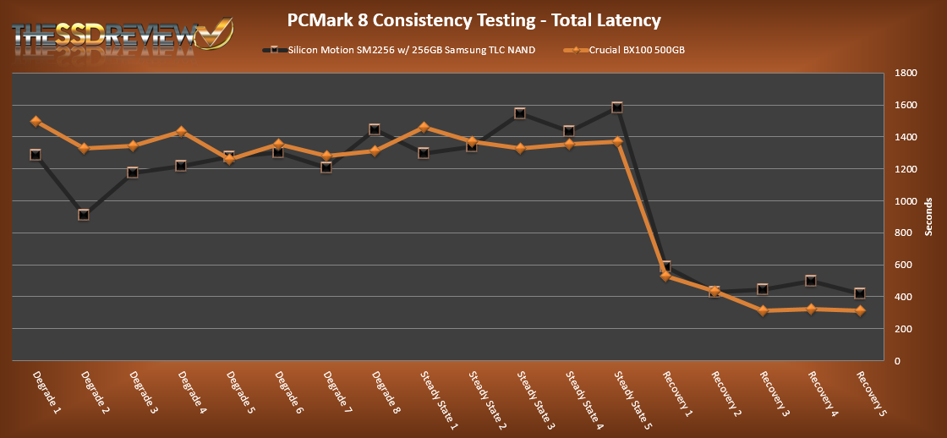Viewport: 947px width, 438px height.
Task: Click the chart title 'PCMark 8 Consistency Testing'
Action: tap(473, 19)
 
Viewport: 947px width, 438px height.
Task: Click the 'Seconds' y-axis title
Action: tap(928, 217)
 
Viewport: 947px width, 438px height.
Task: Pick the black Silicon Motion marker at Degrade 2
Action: tap(84, 215)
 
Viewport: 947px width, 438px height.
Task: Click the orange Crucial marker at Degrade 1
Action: tap(36, 121)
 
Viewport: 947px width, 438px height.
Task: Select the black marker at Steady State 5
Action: tap(617, 107)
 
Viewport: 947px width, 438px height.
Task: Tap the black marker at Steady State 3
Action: tap(520, 113)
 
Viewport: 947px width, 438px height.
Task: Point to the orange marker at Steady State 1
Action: tap(424, 128)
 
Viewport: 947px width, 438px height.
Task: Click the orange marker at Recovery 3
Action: tap(763, 311)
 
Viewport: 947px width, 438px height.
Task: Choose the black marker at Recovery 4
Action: tap(811, 281)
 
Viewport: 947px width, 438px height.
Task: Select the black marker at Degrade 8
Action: tap(375, 129)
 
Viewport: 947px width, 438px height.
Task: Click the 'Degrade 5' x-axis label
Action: tap(236, 390)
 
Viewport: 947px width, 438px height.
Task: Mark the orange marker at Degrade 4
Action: tap(181, 132)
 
